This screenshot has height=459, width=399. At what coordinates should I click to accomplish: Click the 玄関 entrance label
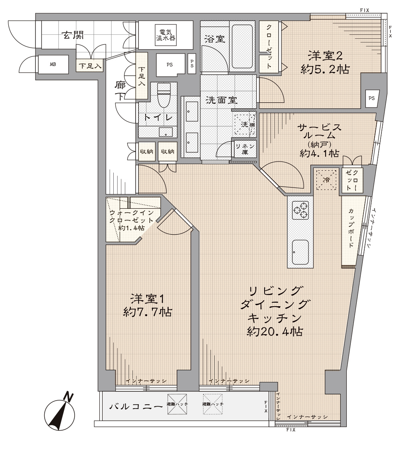(x=73, y=35)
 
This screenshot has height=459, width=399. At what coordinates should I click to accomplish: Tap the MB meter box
(x=53, y=64)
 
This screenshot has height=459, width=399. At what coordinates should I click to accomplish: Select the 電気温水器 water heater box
(x=165, y=36)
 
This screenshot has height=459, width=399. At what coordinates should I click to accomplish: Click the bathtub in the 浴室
(x=242, y=46)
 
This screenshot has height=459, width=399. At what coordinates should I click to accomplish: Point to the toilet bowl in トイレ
(x=164, y=95)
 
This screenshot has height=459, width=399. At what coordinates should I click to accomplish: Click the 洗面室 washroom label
(x=221, y=100)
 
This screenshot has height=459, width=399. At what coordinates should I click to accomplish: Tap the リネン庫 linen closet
(x=245, y=149)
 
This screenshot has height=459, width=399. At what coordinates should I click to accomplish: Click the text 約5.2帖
(x=325, y=70)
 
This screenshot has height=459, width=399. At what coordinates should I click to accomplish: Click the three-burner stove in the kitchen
(x=300, y=210)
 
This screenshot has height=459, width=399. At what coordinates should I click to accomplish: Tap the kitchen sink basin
(x=300, y=252)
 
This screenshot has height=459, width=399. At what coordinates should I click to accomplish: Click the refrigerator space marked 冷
(x=326, y=180)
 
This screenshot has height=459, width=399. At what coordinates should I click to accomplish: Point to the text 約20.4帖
(x=275, y=332)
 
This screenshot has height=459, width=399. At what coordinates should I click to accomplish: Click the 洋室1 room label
(x=147, y=299)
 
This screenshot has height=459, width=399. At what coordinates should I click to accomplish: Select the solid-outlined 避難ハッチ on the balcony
(x=177, y=404)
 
